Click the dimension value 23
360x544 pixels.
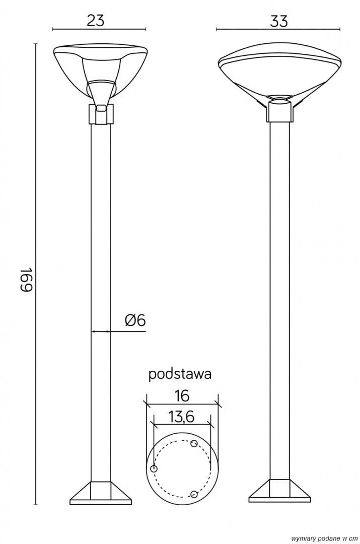click(95, 21)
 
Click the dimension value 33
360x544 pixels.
click(279, 21)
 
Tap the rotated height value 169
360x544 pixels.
click(27, 280)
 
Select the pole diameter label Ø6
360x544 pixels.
click(135, 320)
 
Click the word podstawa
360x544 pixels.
click(180, 374)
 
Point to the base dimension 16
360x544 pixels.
click(181, 395)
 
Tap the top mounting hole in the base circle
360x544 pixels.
click(194, 443)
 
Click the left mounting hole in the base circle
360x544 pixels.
click(154, 469)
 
